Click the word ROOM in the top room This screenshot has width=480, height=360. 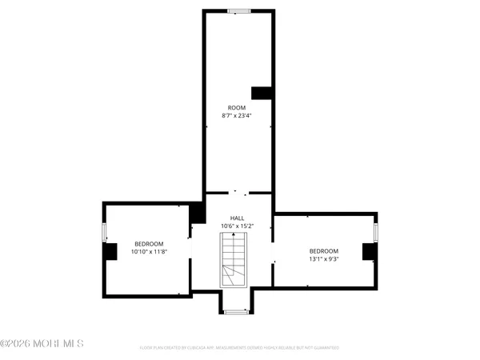[x=237, y=107]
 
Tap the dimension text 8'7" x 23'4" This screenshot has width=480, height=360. [x=237, y=116]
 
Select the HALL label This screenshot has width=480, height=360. [x=237, y=218]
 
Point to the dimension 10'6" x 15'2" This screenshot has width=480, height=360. [x=237, y=226]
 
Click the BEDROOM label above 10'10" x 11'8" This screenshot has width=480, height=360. [x=149, y=244]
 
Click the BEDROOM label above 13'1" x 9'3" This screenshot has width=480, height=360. [x=324, y=250]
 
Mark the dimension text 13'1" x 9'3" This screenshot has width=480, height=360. [x=324, y=259]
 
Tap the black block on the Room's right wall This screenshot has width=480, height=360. [x=262, y=93]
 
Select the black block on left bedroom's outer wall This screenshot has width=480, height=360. [x=110, y=250]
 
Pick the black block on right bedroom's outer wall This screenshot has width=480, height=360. [x=369, y=251]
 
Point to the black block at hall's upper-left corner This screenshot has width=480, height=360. [x=197, y=213]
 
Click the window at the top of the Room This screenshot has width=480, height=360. [x=238, y=11]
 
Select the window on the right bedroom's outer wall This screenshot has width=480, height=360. [x=375, y=232]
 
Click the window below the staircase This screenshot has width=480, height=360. [x=236, y=311]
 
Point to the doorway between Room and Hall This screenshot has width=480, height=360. [x=237, y=192]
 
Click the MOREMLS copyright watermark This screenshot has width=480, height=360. [x=42, y=344]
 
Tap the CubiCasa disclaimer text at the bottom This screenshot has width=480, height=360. [x=239, y=348]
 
